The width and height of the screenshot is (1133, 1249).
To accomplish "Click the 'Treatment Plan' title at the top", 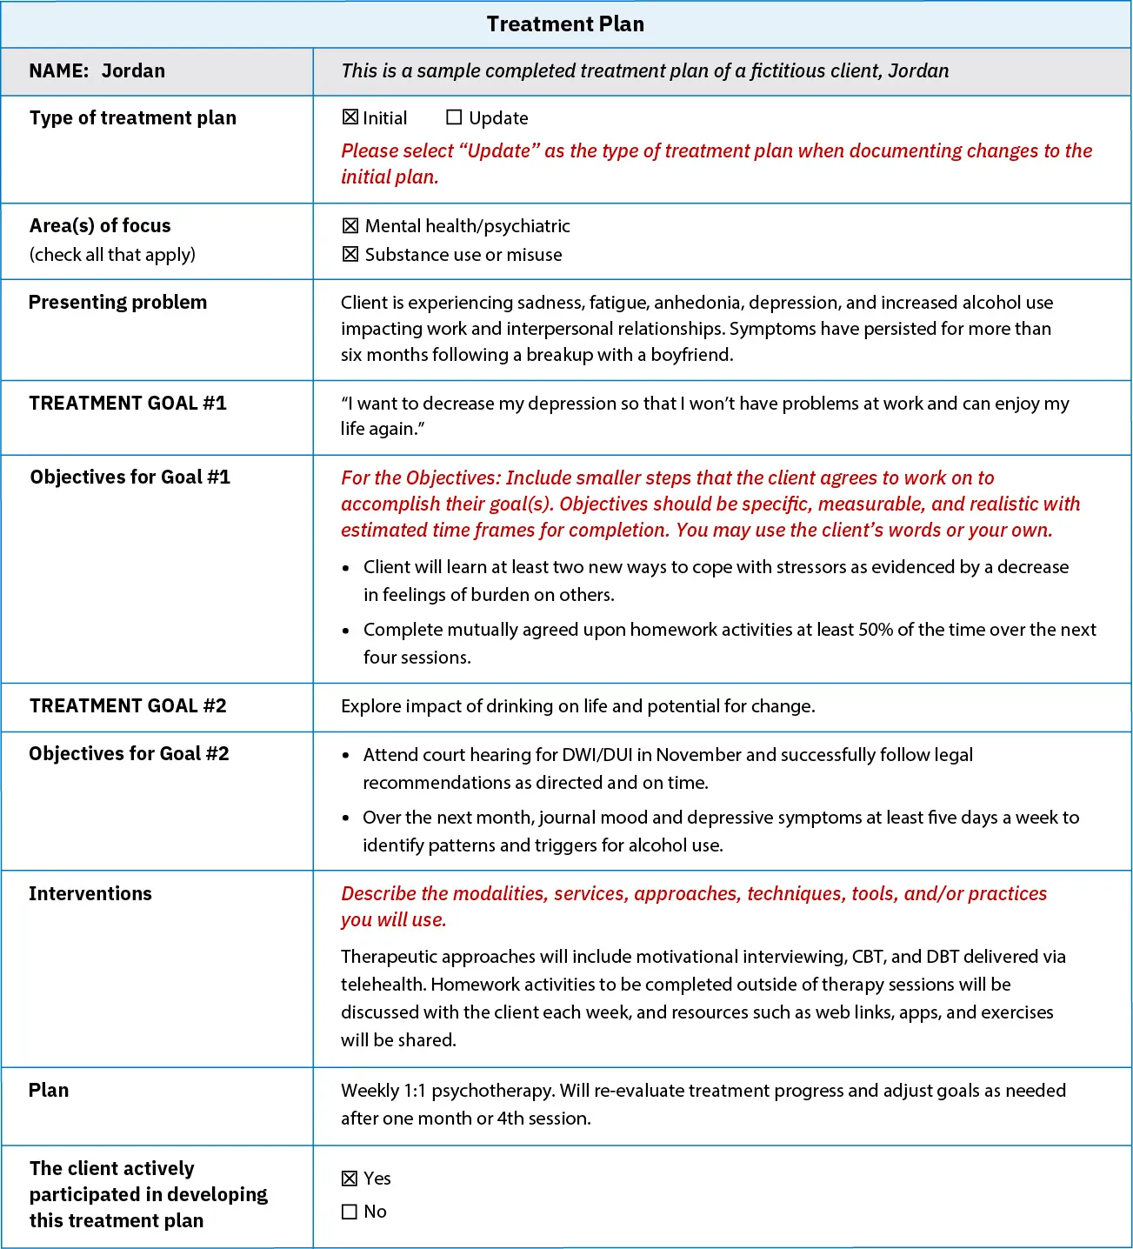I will point(565,24).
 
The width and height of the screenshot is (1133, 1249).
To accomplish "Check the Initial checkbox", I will point(350,117).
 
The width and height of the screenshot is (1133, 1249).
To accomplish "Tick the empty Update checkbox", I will point(454,117).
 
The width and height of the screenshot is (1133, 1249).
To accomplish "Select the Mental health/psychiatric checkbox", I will point(350,226).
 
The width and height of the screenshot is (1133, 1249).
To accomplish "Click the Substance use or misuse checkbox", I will point(350,254).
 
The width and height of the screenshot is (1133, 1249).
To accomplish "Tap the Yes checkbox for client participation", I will point(350,1179).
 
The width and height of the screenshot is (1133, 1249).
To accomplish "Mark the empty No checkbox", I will point(350,1212).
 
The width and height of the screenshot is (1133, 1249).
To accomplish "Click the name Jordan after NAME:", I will point(133,71).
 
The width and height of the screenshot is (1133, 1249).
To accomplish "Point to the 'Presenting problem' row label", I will point(117,303).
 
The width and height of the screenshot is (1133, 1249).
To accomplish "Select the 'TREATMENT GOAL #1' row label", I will point(127,404).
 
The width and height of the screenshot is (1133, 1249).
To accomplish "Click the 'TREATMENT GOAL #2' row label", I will point(127,706).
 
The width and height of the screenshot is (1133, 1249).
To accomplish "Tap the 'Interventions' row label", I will point(90,894).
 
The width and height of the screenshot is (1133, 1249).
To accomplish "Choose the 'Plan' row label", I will point(49,1091).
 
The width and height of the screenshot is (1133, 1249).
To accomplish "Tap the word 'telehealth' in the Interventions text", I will point(383,985).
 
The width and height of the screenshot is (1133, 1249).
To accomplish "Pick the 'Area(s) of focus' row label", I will point(100,226).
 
